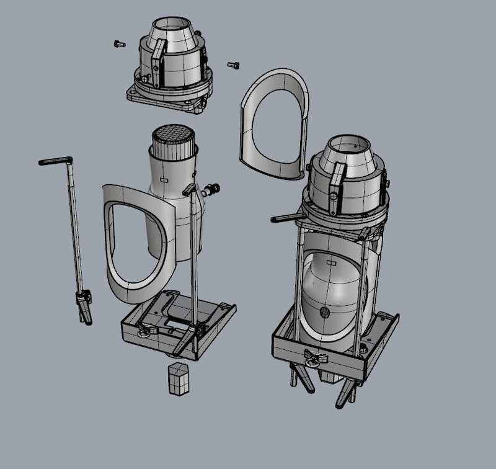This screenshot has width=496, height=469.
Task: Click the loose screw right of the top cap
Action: [x=234, y=64]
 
